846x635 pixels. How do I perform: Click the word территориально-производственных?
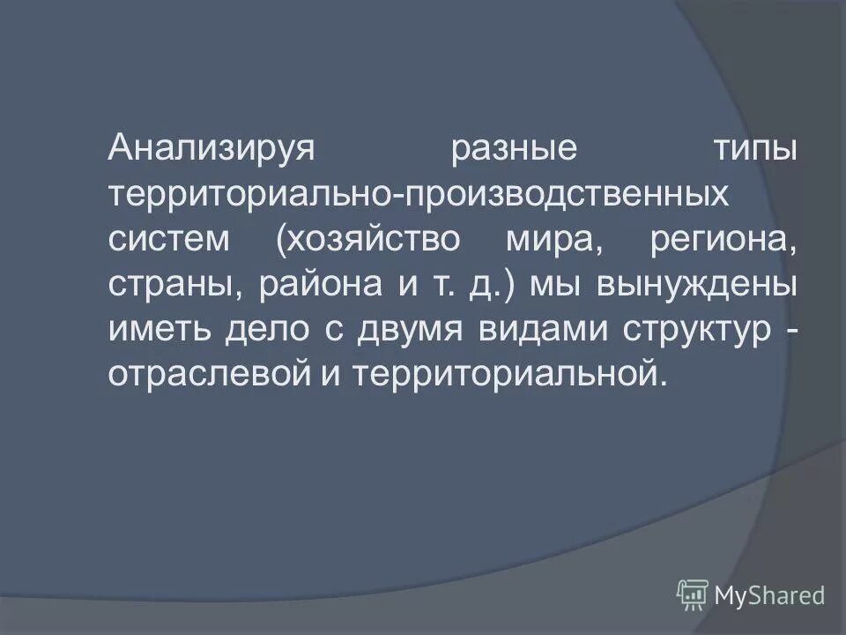tap(419, 192)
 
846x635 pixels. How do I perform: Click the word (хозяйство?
tap(370, 238)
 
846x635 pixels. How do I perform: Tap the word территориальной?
tap(506, 374)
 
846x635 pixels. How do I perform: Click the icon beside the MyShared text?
tap(693, 595)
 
